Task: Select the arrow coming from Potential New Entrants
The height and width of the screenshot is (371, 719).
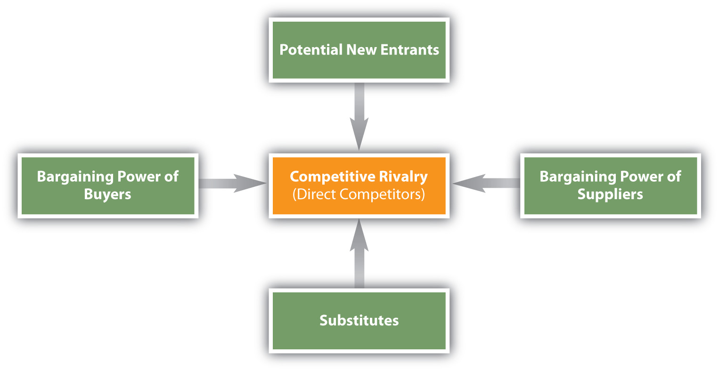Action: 359,115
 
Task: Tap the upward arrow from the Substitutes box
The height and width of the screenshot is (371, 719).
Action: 359,254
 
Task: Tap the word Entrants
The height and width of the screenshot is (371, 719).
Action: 409,50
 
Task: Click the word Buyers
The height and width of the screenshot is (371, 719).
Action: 107,194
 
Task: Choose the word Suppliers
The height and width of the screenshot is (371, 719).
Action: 610,194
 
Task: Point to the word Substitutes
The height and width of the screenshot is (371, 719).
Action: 359,321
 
